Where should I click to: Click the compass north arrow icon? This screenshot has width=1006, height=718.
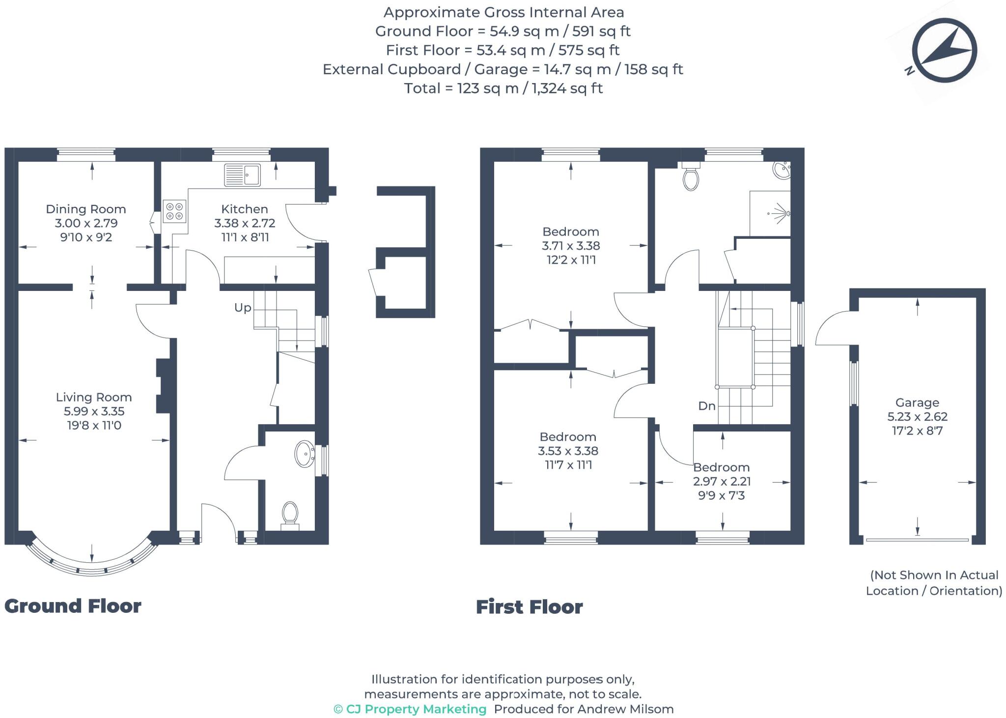coord(944,50)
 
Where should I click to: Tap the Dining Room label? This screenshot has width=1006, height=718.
coord(86,209)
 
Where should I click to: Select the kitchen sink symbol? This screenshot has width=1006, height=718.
coord(242,175)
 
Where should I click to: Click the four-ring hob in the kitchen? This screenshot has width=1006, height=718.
coord(174,211)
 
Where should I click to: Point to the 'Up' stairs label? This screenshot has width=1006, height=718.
coord(243,308)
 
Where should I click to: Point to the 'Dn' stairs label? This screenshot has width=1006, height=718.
coord(707,406)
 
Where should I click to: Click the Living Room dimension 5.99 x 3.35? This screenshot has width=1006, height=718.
coord(93,411)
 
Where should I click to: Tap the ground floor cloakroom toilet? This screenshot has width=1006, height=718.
coord(290,514)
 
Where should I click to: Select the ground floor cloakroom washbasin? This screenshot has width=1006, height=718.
coord(305,453)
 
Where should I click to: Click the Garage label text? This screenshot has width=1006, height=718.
coord(917,402)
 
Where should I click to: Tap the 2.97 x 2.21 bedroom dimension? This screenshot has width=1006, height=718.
coord(722,481)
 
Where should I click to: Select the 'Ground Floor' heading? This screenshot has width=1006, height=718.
coord(73,606)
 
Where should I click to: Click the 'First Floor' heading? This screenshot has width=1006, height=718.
coord(529,607)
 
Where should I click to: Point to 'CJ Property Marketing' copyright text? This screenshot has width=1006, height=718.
coord(410,709)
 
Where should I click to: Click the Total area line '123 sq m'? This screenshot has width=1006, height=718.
coord(503,88)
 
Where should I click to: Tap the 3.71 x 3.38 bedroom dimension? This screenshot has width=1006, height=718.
coord(571,246)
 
